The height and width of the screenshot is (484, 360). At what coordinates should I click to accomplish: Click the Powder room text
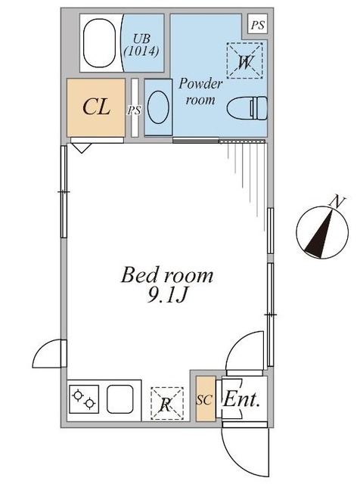click(x=200, y=92)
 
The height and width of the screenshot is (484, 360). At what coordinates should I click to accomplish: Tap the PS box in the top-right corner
click(x=258, y=25)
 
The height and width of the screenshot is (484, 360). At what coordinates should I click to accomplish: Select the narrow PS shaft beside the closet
click(x=135, y=109)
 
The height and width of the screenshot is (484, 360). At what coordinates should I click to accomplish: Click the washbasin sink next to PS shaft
click(x=158, y=108)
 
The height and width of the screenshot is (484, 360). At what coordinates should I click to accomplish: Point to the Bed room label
click(x=167, y=275)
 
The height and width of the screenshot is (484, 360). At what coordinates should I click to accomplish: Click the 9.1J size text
click(x=167, y=296)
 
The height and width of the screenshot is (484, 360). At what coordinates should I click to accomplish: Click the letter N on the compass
click(x=332, y=200)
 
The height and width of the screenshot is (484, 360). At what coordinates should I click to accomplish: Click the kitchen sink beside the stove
click(x=119, y=399)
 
